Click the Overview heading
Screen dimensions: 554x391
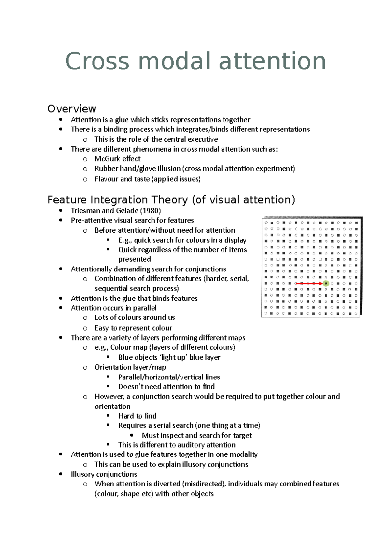72,109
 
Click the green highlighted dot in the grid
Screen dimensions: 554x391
326,283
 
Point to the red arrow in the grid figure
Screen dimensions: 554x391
308,283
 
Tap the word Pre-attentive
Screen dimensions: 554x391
92,220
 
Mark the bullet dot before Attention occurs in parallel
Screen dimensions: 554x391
61,308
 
